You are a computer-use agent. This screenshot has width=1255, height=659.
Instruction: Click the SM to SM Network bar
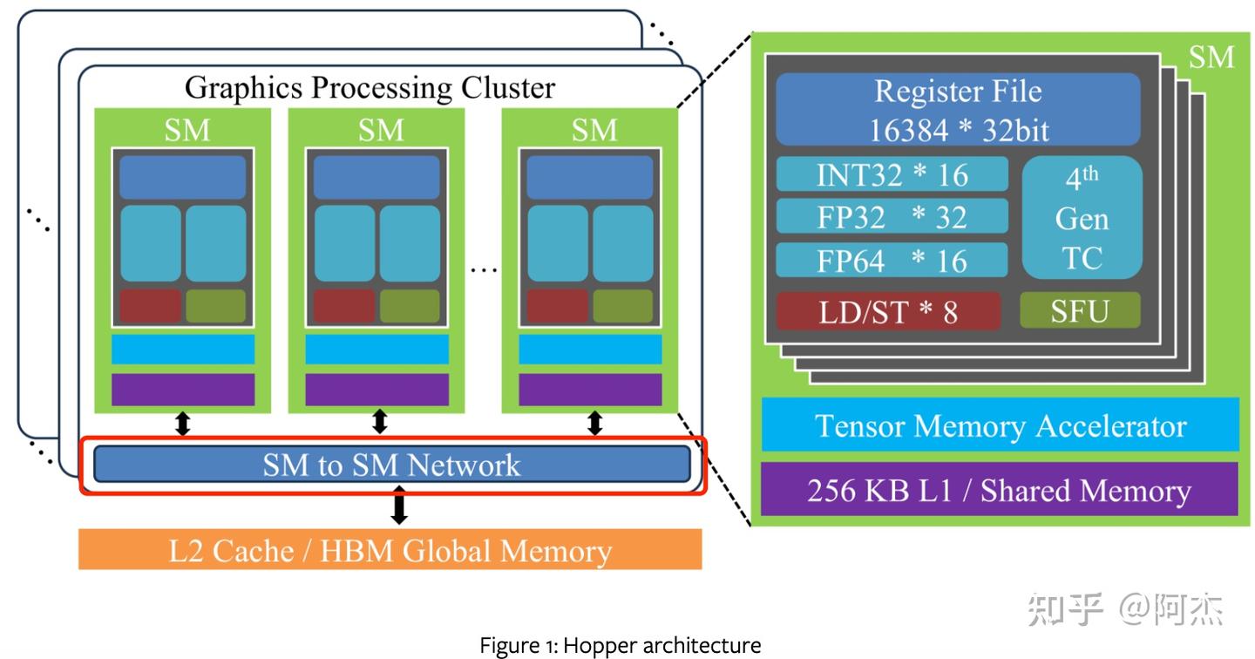[391, 464]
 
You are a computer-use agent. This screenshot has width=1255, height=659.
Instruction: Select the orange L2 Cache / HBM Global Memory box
[390, 549]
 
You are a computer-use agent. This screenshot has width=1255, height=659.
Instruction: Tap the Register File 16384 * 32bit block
[958, 110]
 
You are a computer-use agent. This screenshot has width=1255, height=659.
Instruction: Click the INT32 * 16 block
[892, 174]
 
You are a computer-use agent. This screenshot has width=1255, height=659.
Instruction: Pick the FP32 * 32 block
[892, 216]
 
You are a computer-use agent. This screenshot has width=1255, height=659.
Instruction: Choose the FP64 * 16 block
[892, 260]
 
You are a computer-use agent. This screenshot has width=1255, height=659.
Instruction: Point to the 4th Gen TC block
[1082, 218]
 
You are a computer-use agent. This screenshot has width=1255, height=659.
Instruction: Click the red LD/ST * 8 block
[888, 311]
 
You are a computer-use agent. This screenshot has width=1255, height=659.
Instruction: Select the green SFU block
[1080, 310]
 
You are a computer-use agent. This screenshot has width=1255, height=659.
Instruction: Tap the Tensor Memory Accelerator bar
[1000, 425]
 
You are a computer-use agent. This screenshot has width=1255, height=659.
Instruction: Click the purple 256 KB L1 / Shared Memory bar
[1000, 490]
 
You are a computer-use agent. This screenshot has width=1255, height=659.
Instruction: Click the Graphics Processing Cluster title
[370, 87]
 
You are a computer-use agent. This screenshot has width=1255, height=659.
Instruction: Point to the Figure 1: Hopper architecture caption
[621, 646]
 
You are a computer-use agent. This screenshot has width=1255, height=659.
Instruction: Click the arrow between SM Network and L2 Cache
[399, 506]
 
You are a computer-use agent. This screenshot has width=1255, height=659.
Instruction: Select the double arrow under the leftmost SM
[183, 424]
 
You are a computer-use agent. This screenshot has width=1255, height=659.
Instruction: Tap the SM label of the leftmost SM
[187, 131]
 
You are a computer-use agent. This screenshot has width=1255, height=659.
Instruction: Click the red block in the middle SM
[343, 306]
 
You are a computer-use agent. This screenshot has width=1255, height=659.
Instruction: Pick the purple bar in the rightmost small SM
[590, 389]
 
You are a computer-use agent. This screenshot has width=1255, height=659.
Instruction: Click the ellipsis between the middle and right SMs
[483, 269]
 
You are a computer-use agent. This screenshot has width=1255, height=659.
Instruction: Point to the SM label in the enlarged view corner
[1211, 58]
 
